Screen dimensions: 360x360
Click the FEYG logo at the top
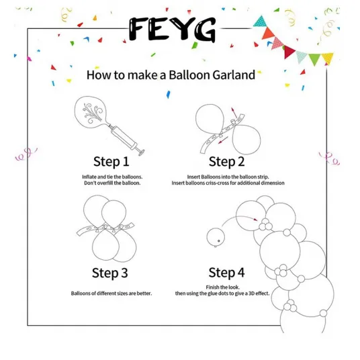pyautogui.click(x=172, y=30)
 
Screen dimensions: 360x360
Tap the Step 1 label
pyautogui.click(x=111, y=162)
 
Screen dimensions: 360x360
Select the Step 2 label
pyautogui.click(x=226, y=162)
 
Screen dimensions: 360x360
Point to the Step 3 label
pyautogui.click(x=109, y=273)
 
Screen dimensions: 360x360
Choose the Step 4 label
pyautogui.click(x=226, y=273)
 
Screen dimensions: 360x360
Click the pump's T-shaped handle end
pyautogui.click(x=140, y=152)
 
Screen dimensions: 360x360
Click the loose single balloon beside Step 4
pyautogui.click(x=216, y=238)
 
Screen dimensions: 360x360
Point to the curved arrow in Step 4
pyautogui.click(x=239, y=218)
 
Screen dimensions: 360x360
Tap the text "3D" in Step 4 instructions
pyautogui.click(x=252, y=294)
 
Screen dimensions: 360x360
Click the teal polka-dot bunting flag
pyautogui.click(x=261, y=21)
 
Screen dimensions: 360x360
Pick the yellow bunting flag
pyautogui.click(x=328, y=58)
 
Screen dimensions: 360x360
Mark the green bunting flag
pyautogui.click(x=314, y=59)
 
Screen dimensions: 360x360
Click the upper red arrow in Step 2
pyautogui.click(x=234, y=113)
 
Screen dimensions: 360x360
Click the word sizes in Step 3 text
pyautogui.click(x=124, y=294)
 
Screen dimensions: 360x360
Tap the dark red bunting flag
pyautogui.click(x=289, y=52)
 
